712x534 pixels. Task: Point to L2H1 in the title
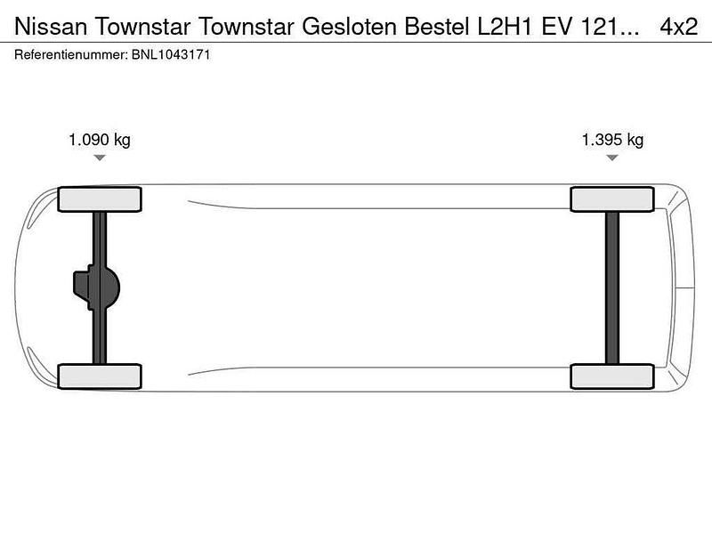pos(514,28)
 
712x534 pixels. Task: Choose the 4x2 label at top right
pos(678,28)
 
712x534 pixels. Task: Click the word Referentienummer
pos(70,54)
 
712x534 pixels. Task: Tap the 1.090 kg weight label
pos(100,140)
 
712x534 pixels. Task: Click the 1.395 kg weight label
pos(612,140)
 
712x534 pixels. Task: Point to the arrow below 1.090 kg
pos(100,158)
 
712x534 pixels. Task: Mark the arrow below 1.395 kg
pos(612,158)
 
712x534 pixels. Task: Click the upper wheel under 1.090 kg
pos(100,199)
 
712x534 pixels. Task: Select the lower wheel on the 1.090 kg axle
pos(100,376)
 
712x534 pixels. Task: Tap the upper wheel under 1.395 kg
pos(612,199)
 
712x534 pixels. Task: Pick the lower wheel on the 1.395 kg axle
pos(612,376)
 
